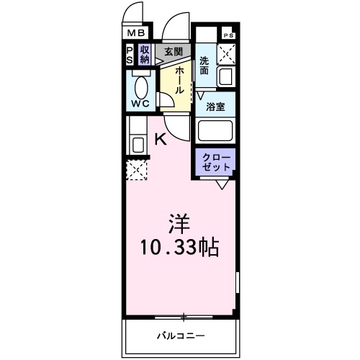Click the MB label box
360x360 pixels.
[x=136, y=32]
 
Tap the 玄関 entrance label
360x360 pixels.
[x=172, y=52]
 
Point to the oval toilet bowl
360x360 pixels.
[x=140, y=87]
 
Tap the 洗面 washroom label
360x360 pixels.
[x=204, y=66]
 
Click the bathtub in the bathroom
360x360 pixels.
[x=215, y=132]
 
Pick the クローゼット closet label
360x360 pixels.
[x=215, y=162]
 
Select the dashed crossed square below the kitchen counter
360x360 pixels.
[x=137, y=170]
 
